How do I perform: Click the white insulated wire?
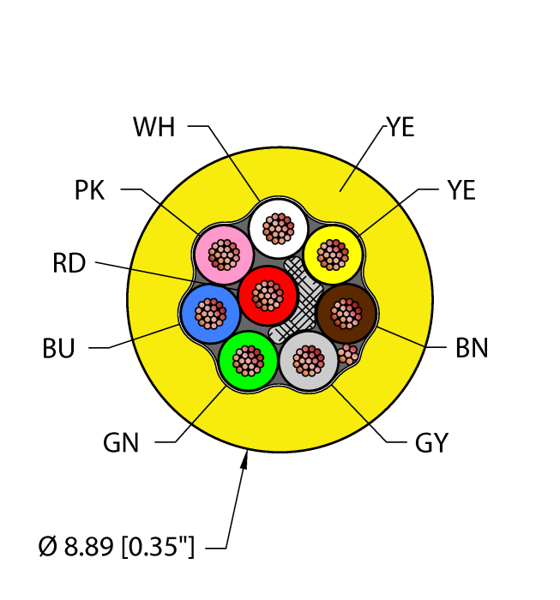[278, 227]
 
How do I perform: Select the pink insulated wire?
[224, 255]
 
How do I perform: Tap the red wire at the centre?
[267, 296]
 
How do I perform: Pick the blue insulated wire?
[210, 314]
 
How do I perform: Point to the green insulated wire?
[249, 359]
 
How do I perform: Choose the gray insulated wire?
[309, 361]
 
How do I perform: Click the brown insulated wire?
[347, 314]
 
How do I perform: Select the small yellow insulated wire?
[333, 254]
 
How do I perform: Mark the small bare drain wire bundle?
[346, 354]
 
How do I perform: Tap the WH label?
[154, 128]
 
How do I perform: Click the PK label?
[89, 190]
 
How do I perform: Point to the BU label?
[58, 349]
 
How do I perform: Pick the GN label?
[122, 443]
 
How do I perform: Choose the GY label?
[431, 443]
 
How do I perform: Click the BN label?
[472, 348]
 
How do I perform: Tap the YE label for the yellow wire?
[461, 190]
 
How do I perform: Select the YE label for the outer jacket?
[400, 129]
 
